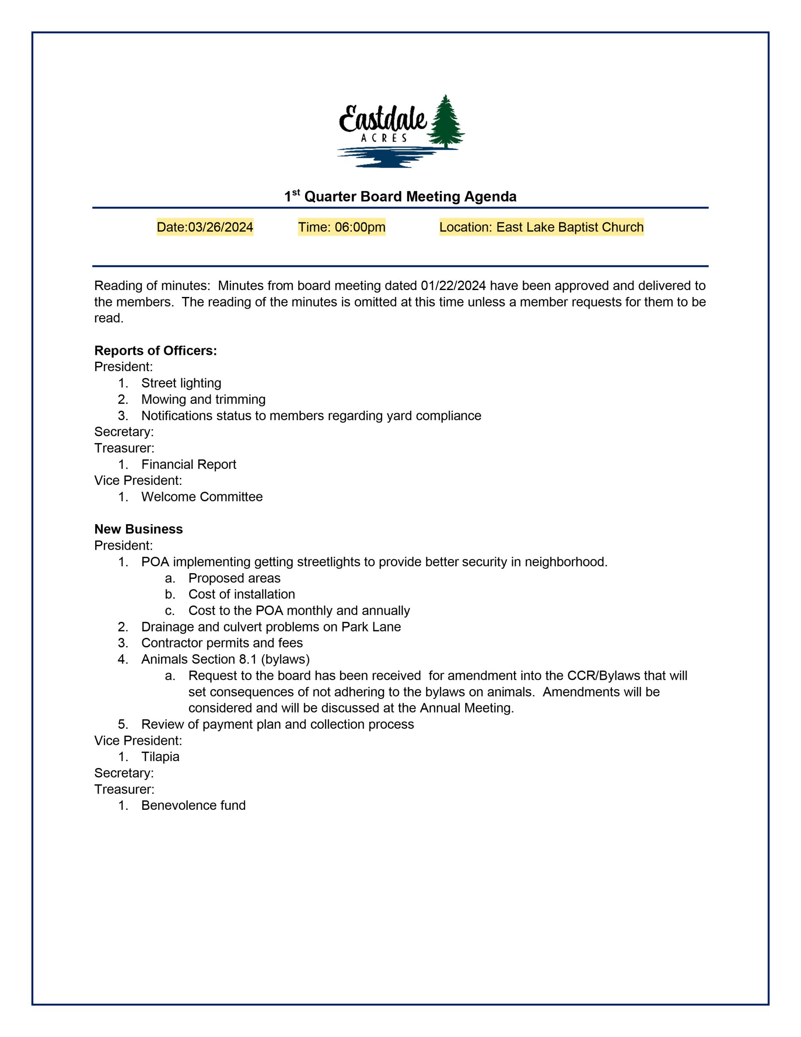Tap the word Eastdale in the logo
coord(383,119)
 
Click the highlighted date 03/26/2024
coord(220,227)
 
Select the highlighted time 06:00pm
coord(360,227)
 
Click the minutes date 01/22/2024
coord(453,286)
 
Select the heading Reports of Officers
coord(155,350)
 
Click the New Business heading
coord(138,529)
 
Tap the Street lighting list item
coord(181,383)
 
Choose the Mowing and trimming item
coord(203,399)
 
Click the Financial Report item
coord(188,464)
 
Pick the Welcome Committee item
coord(202,497)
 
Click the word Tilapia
coord(160,756)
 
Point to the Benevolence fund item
coord(193,805)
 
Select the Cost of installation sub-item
coord(241,594)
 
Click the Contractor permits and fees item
coord(222,643)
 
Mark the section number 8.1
coord(248,659)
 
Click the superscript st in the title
coord(296,192)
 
